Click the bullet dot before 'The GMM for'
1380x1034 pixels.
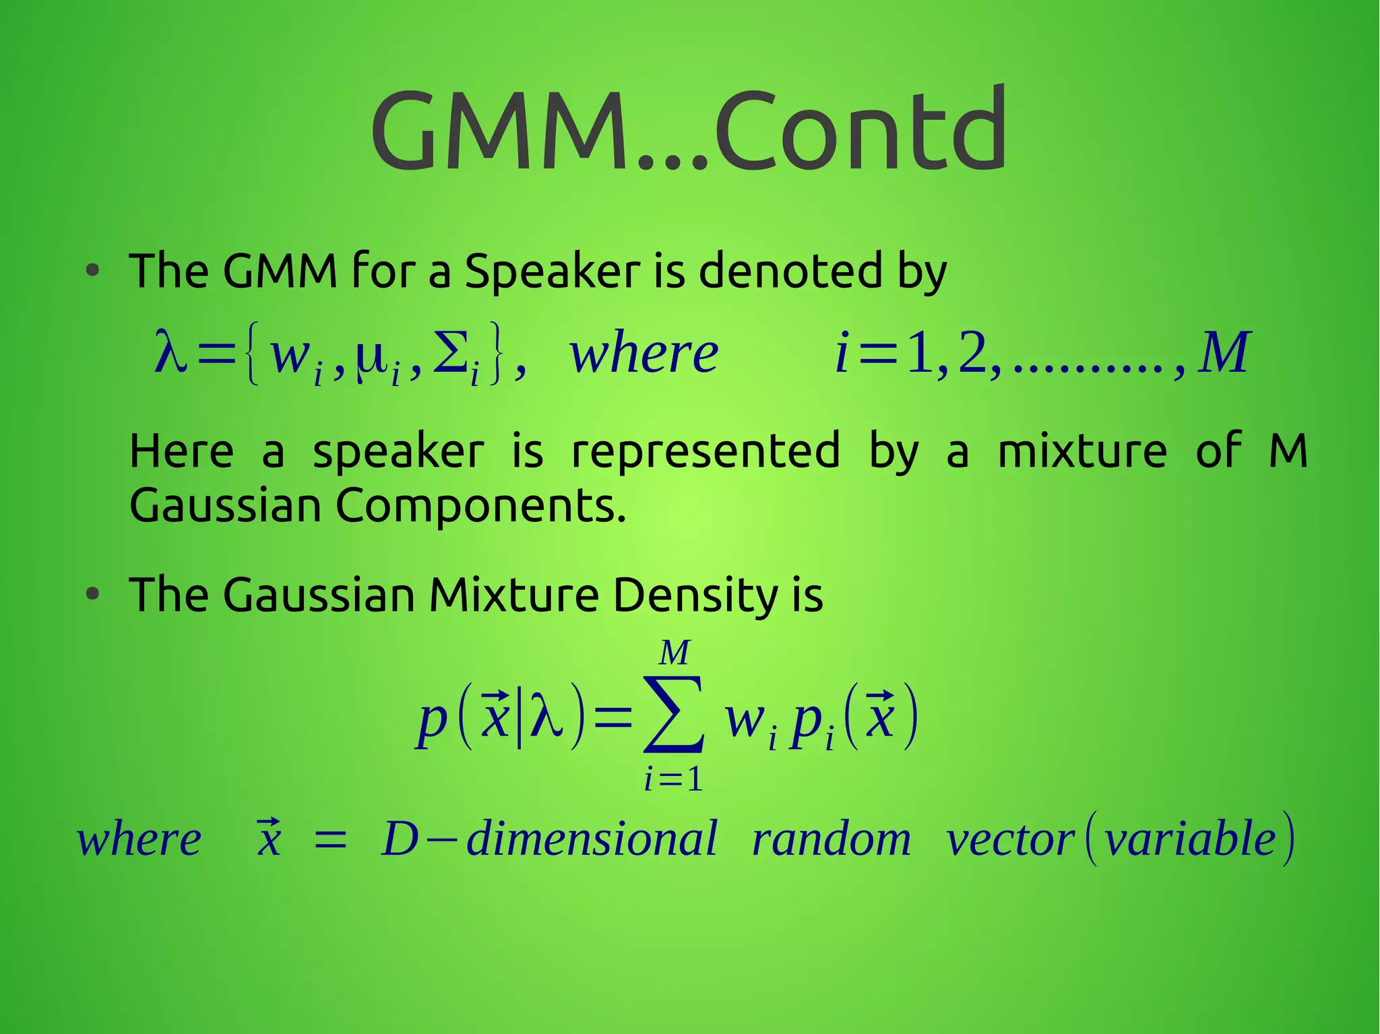click(93, 271)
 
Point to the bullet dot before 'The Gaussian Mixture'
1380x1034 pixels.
click(93, 595)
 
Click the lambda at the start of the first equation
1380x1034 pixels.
click(170, 352)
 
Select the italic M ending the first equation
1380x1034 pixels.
click(1224, 353)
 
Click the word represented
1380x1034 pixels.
click(705, 451)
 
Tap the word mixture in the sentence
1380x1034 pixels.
click(1081, 451)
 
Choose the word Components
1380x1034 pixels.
click(480, 506)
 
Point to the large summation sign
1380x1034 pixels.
click(674, 716)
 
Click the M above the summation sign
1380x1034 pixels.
click(675, 653)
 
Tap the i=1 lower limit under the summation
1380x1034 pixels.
click(673, 780)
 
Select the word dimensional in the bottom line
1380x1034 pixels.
click(592, 839)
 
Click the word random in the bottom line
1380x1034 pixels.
click(832, 839)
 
